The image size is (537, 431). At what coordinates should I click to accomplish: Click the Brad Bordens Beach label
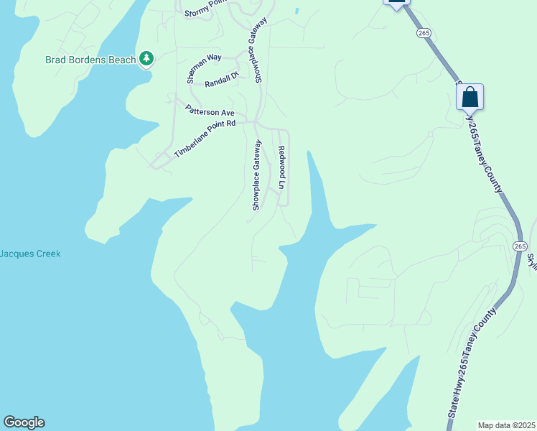tap(90, 60)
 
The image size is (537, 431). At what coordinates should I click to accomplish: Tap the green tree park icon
tap(146, 58)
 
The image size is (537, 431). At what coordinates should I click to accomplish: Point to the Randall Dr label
tap(221, 83)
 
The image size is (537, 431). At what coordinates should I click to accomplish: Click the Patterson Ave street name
tap(210, 111)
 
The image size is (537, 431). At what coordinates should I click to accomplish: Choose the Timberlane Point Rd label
tap(205, 139)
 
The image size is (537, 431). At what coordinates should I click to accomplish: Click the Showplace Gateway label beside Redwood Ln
tap(256, 175)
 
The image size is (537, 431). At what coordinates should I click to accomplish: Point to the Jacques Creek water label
tap(30, 254)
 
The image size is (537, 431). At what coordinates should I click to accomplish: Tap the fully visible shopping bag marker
tap(470, 97)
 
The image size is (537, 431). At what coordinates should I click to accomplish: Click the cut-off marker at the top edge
tap(396, 3)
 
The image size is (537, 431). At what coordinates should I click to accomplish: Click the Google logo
tap(24, 422)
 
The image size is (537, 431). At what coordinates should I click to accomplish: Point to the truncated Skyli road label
tap(532, 260)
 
